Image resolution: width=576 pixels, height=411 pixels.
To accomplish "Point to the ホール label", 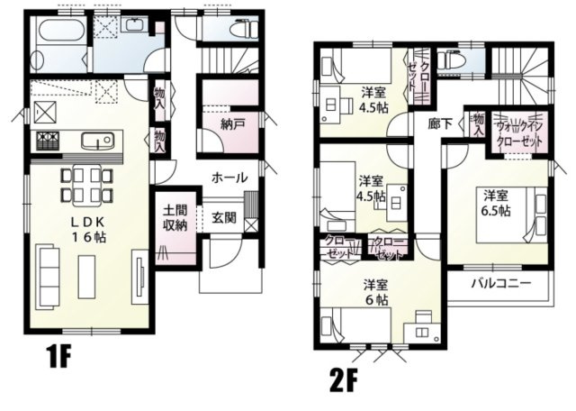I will pos(230,178).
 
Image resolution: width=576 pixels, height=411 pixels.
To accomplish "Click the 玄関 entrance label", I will pos(225,217).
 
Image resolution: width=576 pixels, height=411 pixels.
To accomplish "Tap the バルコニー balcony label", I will pos(500,282).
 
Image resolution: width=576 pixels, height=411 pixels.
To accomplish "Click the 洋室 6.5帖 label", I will pos(495,203).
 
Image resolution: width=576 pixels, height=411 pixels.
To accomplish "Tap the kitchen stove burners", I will pos(47,141).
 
